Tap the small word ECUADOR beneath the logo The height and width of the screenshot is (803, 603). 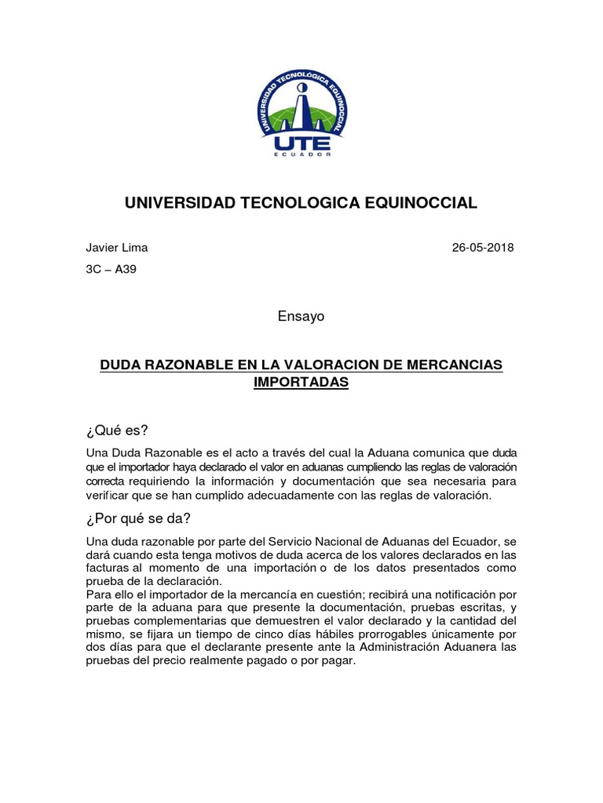click(x=301, y=154)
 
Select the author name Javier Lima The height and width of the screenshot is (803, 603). click(x=116, y=248)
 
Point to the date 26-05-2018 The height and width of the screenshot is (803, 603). click(x=483, y=248)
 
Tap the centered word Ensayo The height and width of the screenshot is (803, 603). click(x=301, y=316)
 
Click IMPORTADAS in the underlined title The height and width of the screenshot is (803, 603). click(x=301, y=383)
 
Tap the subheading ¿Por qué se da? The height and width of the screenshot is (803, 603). click(x=138, y=518)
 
